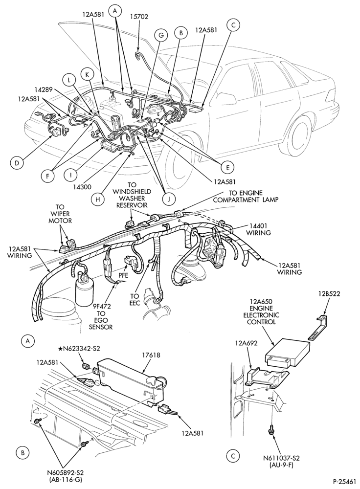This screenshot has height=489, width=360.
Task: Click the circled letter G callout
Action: coord(161,35)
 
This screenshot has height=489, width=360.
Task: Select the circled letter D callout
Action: coord(17,162)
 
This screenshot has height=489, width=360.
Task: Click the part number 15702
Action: coord(138,16)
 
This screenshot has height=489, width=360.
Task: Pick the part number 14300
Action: coord(82,187)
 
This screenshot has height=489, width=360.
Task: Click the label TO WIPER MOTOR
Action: coord(64,214)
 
